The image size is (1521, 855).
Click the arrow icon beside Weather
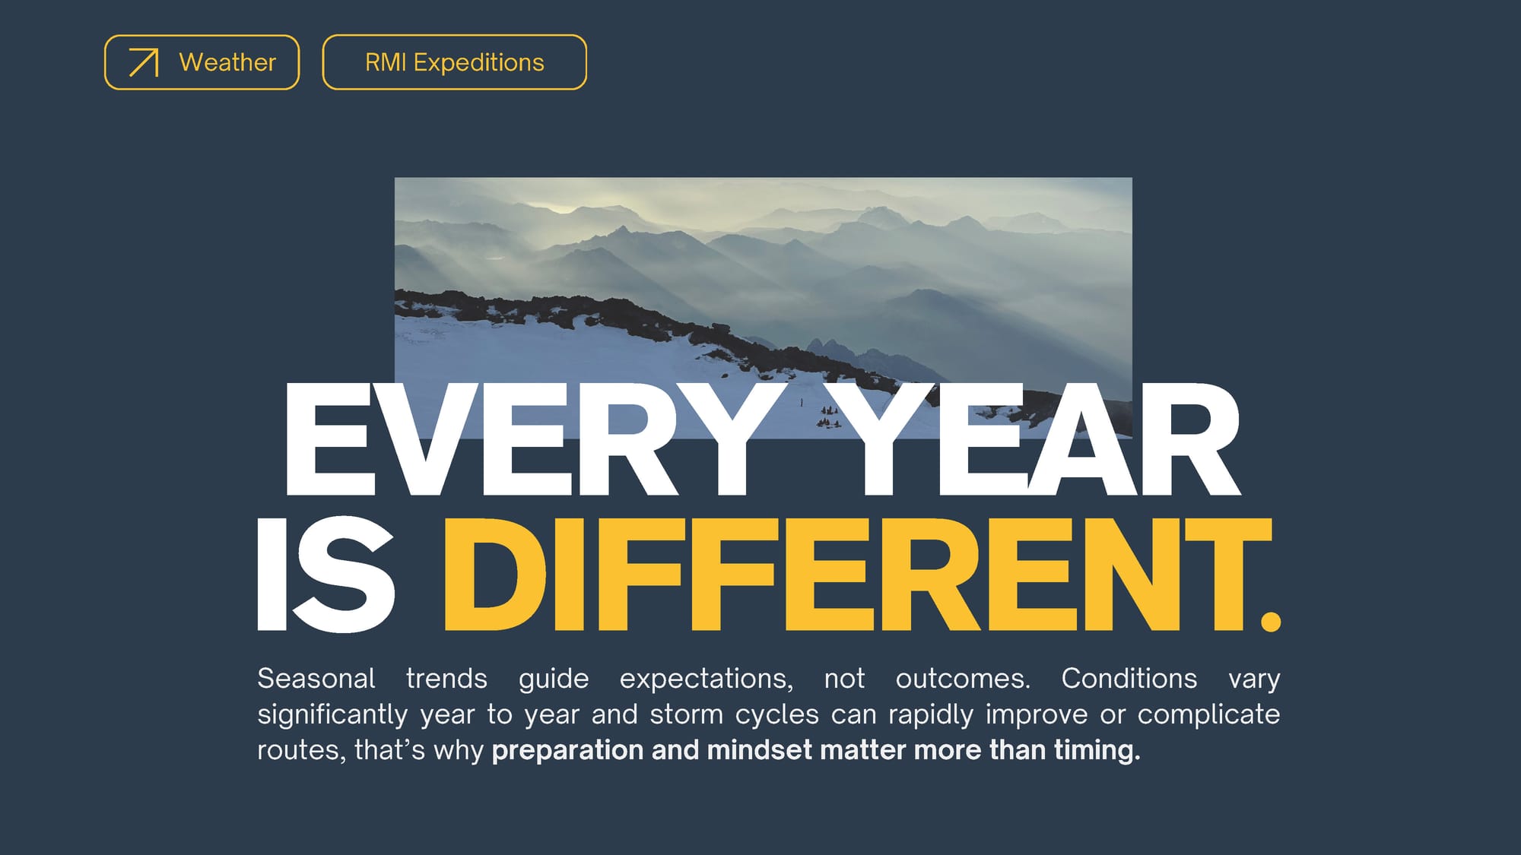pyautogui.click(x=144, y=62)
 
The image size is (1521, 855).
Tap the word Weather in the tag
pyautogui.click(x=227, y=62)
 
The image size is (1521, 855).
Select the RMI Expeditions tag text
pyautogui.click(x=455, y=62)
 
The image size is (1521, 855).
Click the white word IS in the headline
pyautogui.click(x=325, y=575)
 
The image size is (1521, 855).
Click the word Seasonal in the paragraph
pyautogui.click(x=316, y=678)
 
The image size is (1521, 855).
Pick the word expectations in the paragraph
pyautogui.click(x=706, y=679)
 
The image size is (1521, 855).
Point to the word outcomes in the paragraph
pyautogui.click(x=963, y=679)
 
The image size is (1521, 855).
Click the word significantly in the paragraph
pyautogui.click(x=332, y=715)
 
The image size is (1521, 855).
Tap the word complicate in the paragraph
pyautogui.click(x=1209, y=715)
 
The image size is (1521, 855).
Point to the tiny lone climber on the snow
pyautogui.click(x=801, y=402)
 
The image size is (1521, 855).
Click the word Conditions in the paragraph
pyautogui.click(x=1129, y=678)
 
